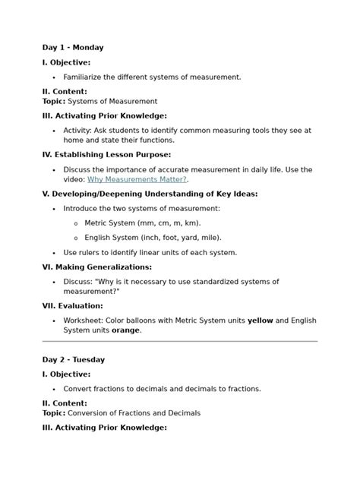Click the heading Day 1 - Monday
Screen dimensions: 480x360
click(x=73, y=48)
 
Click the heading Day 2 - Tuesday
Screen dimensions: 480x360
click(x=74, y=360)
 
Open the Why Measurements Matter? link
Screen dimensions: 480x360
click(x=137, y=179)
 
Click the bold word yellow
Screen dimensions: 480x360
click(x=261, y=321)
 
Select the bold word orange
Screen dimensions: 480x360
click(x=126, y=330)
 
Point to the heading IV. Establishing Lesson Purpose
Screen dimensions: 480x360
click(x=106, y=155)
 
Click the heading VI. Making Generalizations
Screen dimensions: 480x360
click(x=97, y=267)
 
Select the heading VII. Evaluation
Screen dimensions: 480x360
click(x=72, y=306)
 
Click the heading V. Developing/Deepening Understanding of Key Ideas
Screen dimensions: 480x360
click(x=150, y=194)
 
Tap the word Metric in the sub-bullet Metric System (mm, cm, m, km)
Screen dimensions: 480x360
click(x=96, y=223)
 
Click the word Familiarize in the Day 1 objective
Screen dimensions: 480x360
click(x=86, y=77)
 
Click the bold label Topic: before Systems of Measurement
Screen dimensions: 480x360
click(x=54, y=101)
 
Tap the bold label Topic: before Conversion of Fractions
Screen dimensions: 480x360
click(x=54, y=413)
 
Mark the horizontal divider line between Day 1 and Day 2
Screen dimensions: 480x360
click(x=179, y=342)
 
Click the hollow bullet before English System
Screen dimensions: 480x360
click(x=75, y=238)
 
